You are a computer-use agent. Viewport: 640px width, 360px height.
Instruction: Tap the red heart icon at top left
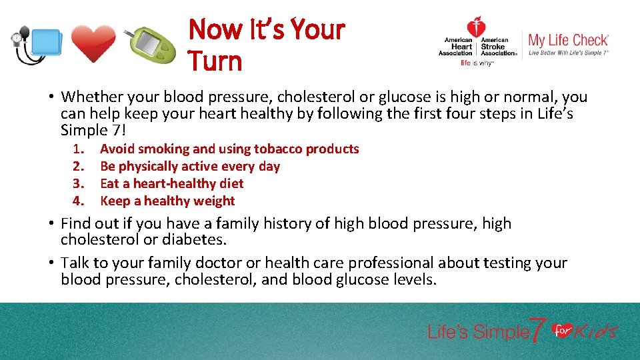tap(93, 44)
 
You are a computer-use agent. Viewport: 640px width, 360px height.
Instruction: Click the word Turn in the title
tap(214, 61)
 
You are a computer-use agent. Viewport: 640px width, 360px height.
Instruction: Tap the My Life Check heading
tap(568, 40)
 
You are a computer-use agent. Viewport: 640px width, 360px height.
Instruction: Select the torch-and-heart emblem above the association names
tap(476, 27)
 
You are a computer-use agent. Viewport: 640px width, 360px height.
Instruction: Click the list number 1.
tap(79, 149)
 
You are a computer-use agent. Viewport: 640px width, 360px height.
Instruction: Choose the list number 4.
tap(79, 201)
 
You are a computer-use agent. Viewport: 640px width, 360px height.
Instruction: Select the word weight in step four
tap(213, 201)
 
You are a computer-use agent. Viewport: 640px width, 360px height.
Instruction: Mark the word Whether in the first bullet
tap(91, 97)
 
